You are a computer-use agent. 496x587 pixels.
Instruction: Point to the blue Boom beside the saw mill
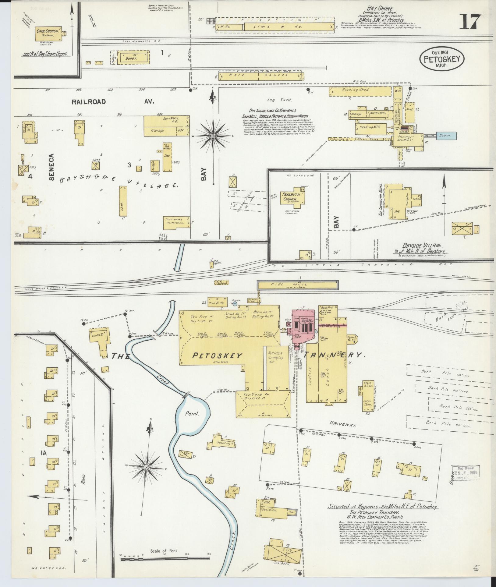coord(446,136)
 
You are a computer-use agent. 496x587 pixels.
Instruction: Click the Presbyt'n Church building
coord(294,197)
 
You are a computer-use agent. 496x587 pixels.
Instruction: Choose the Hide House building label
coord(297,284)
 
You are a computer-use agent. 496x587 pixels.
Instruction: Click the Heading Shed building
coord(360,90)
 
